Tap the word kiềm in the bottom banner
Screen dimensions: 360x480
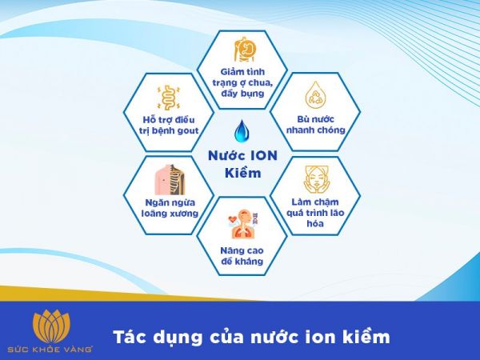(x=367, y=337)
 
